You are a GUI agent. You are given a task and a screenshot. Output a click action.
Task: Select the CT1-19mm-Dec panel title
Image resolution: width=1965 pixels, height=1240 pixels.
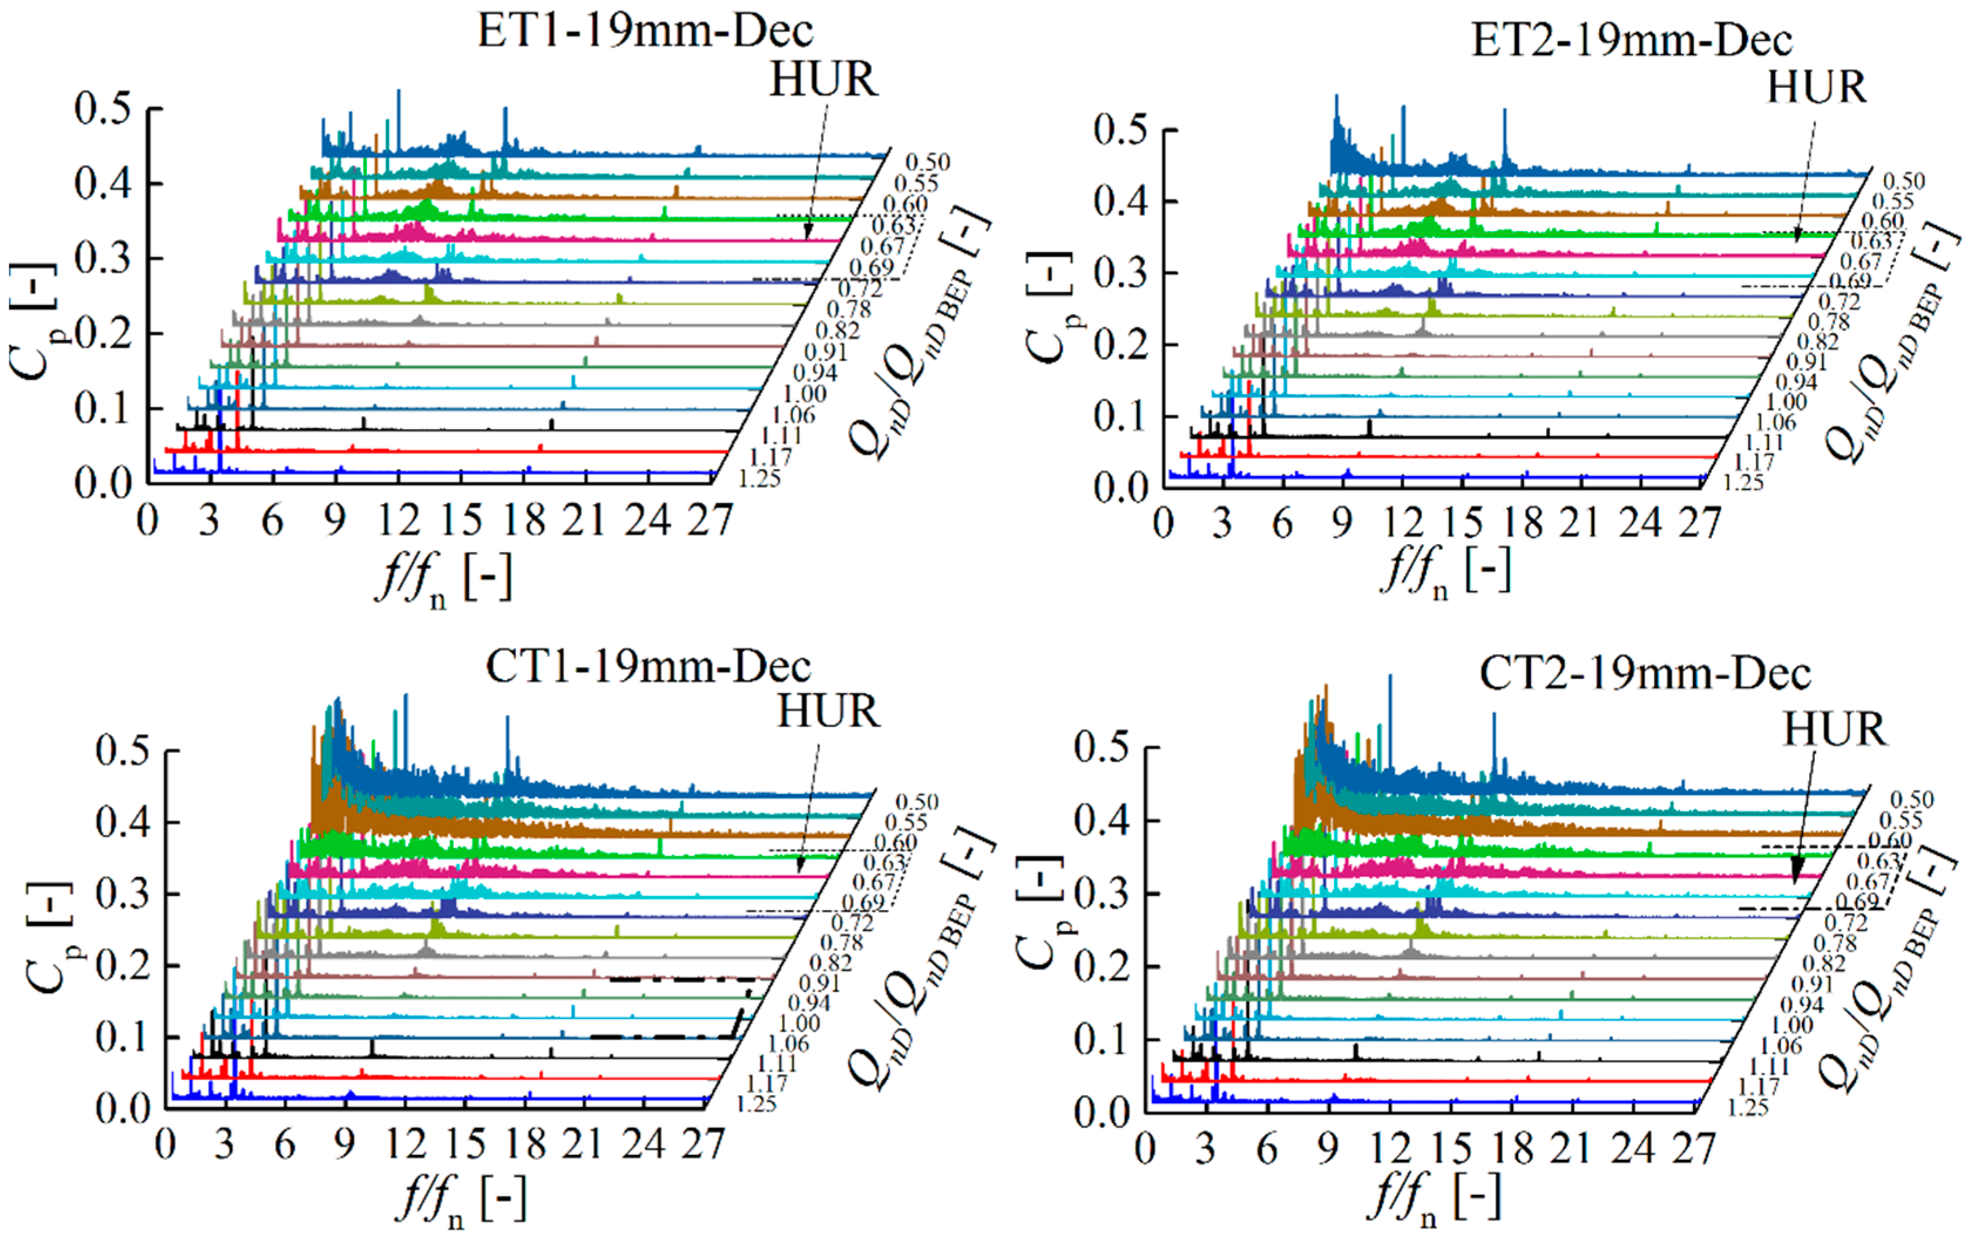click(x=648, y=667)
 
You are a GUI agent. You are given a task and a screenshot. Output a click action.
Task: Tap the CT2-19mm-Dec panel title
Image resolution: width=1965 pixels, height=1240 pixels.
click(x=1644, y=674)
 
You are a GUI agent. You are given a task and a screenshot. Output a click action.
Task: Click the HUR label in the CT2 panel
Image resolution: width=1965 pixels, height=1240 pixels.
click(x=1834, y=729)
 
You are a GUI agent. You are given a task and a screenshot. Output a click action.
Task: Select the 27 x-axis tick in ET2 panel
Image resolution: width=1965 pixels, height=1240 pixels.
click(x=1699, y=523)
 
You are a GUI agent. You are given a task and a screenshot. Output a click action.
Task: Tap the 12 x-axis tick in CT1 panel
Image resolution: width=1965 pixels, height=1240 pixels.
click(x=405, y=1144)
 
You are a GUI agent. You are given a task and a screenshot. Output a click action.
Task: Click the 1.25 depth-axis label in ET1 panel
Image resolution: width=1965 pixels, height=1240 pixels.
click(x=759, y=479)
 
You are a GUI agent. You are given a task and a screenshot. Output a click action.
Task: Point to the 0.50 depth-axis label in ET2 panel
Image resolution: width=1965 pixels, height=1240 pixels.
click(x=1904, y=181)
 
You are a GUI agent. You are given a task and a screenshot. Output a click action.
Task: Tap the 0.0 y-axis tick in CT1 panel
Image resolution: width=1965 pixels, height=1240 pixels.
click(x=123, y=1108)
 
